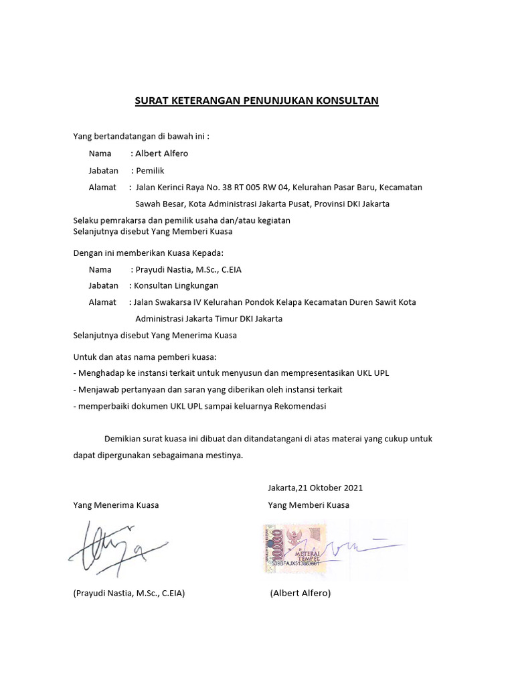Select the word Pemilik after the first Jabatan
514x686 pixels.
(x=150, y=170)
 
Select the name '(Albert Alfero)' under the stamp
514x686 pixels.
(x=301, y=593)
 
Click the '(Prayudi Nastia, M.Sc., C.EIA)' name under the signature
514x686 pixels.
(x=129, y=593)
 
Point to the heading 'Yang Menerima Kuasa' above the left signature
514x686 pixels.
(x=116, y=504)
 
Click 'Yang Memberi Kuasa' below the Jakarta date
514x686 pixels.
(x=308, y=504)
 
